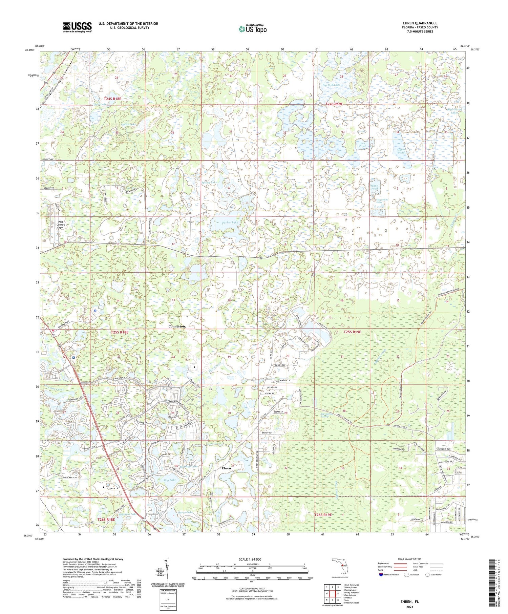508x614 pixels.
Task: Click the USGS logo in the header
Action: click(77, 27)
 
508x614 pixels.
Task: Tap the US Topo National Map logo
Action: click(252, 29)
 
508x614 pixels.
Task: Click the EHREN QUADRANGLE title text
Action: click(420, 23)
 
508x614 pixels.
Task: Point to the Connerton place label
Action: click(177, 326)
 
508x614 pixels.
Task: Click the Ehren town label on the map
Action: click(226, 468)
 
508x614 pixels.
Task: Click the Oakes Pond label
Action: click(401, 151)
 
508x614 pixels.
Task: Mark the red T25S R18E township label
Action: click(120, 332)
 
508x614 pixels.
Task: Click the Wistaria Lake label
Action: click(127, 514)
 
